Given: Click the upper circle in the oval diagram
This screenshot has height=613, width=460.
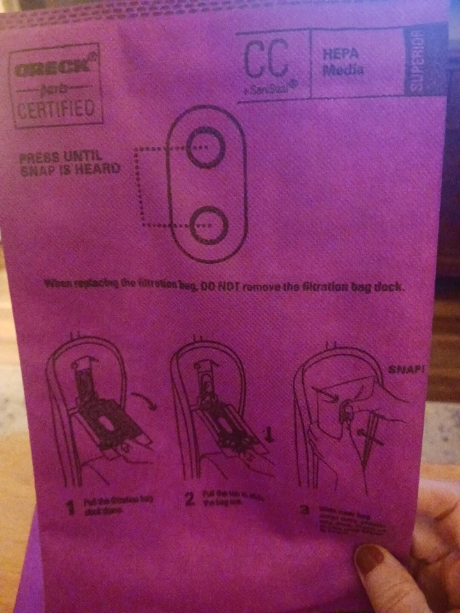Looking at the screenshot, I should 206,148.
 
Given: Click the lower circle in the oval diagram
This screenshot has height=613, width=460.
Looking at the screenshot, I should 208,225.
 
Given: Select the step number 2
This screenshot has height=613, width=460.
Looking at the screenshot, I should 189,500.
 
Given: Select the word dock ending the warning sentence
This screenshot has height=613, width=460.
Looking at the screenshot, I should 389,287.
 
